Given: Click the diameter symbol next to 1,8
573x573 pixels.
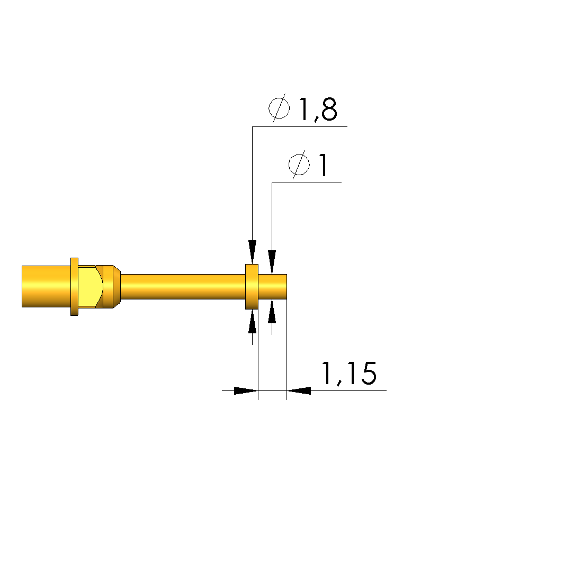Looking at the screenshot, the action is point(280,108).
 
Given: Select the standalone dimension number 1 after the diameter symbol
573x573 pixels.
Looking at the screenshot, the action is point(323,165).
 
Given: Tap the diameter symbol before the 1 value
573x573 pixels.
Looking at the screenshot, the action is point(299,165).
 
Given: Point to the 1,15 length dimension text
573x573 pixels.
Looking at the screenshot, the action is point(349,374).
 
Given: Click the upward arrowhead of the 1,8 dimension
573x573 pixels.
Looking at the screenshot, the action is point(252,321).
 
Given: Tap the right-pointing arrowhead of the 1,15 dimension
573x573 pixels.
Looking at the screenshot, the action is point(246,390).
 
